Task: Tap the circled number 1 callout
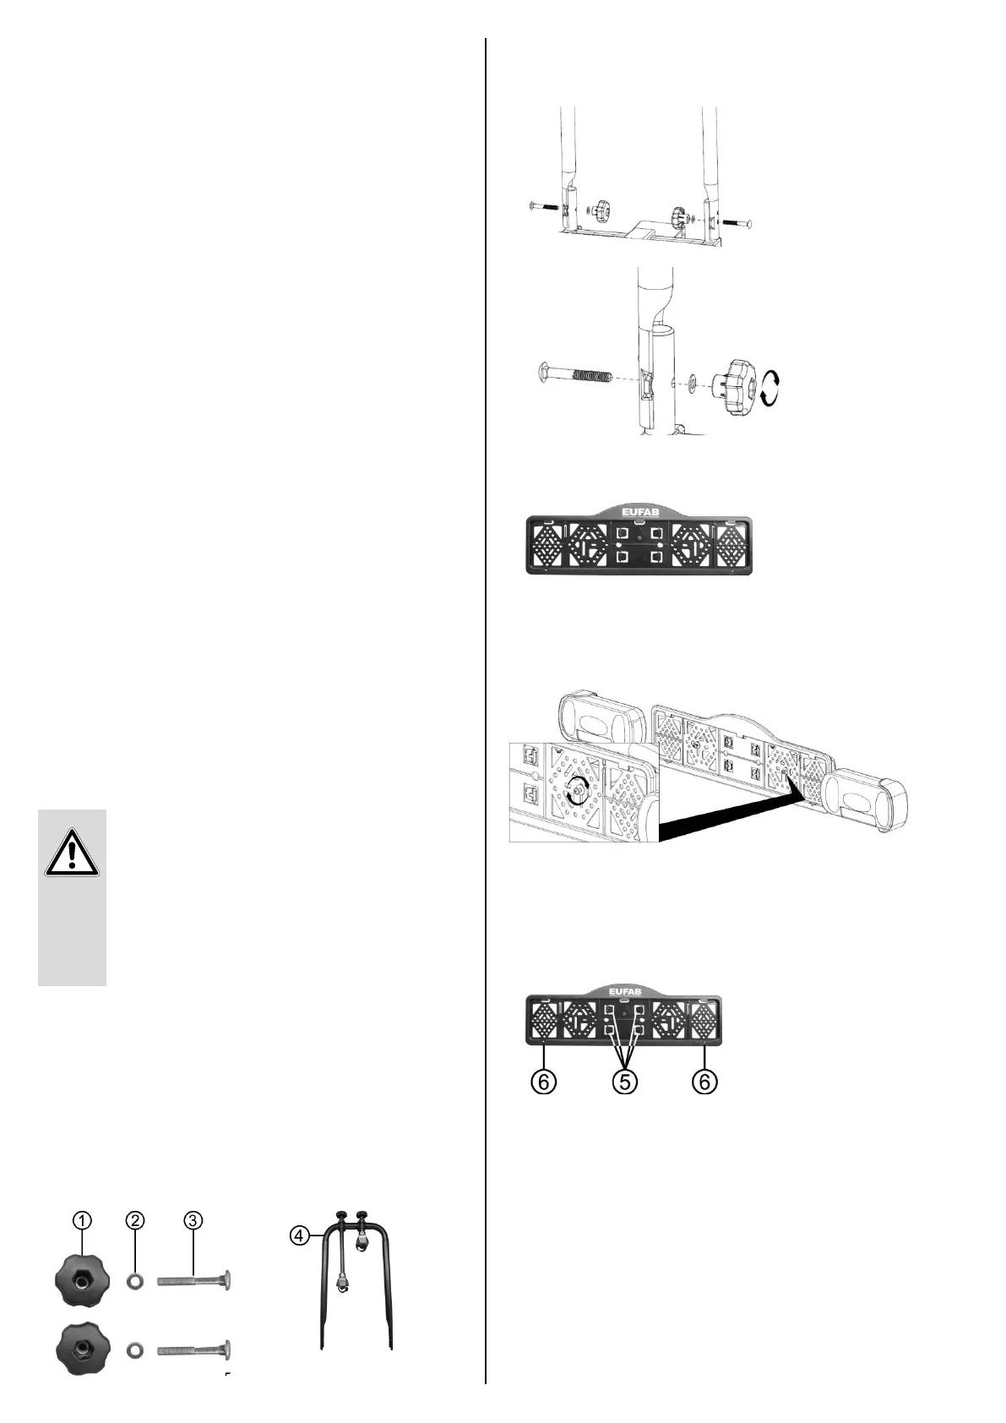click(x=81, y=1219)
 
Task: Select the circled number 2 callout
click(x=135, y=1219)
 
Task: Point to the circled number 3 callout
click(x=193, y=1219)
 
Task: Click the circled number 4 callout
click(x=298, y=1235)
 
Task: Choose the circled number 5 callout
click(x=625, y=1082)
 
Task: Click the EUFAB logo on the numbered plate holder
click(x=624, y=991)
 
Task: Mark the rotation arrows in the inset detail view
click(x=576, y=788)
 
